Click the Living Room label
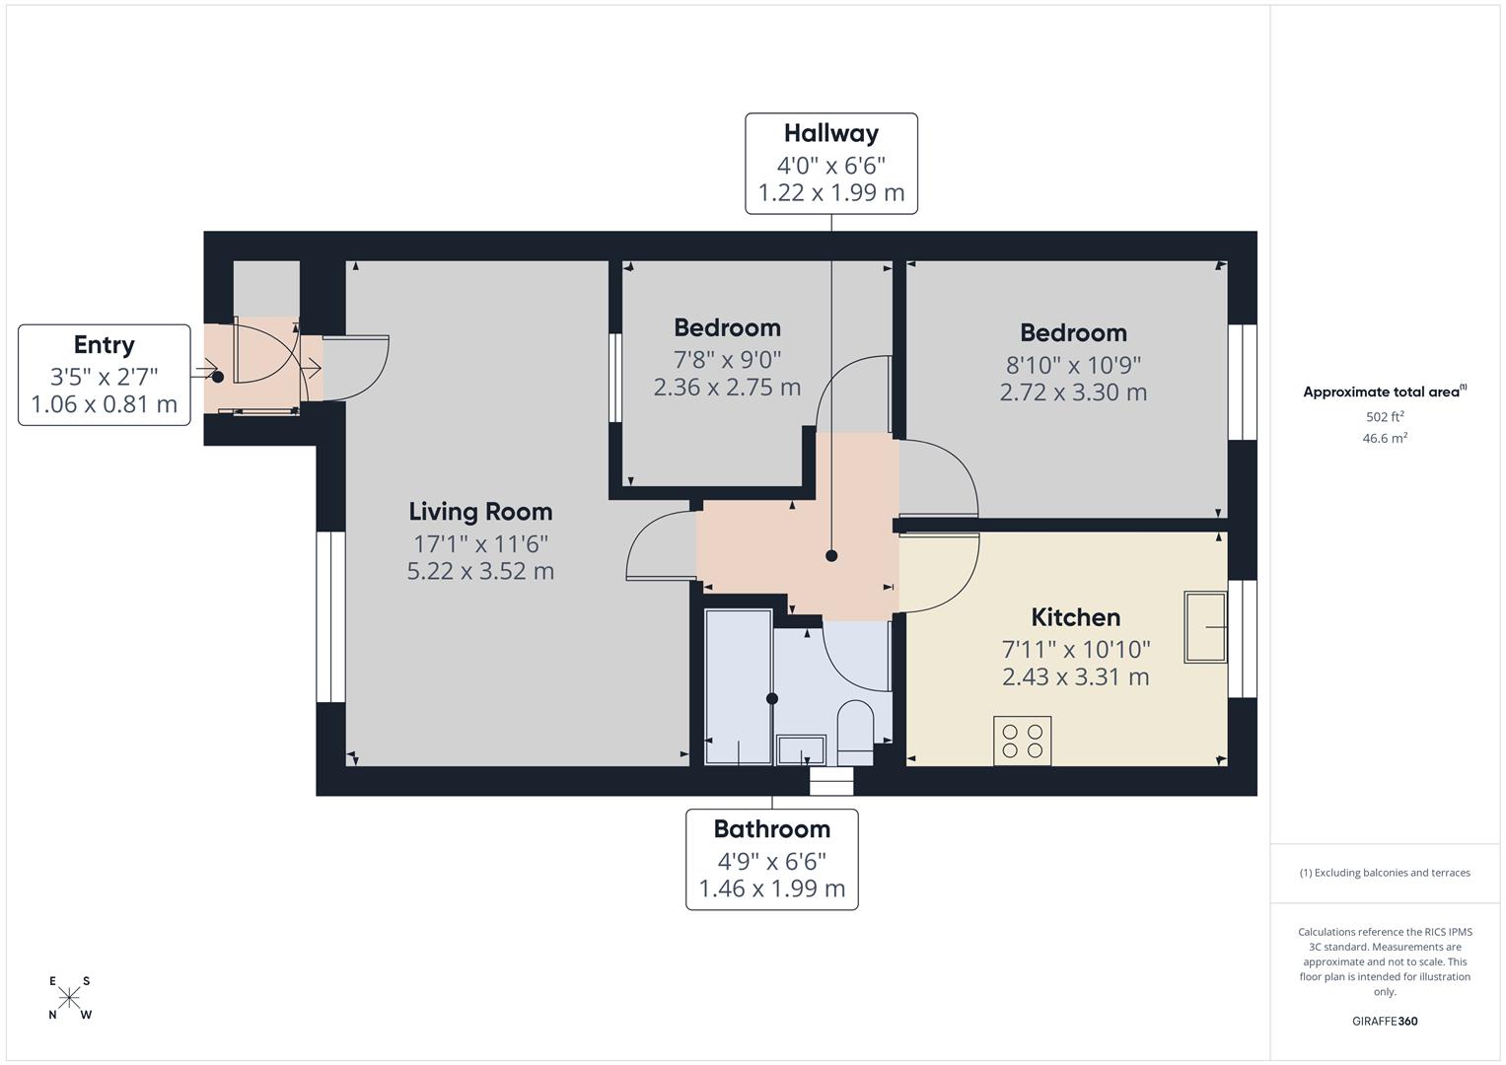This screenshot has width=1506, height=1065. point(480,512)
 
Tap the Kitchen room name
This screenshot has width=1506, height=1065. point(1076,617)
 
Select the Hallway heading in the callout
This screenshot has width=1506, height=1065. point(831,133)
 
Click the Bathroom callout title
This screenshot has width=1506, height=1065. point(772,829)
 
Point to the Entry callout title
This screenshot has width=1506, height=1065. point(105,345)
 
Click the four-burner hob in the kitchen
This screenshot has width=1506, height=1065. point(1022,741)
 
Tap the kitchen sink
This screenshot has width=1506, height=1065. point(1205,627)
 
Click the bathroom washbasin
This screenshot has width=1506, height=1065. point(801,749)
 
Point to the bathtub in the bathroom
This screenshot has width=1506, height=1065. point(739,686)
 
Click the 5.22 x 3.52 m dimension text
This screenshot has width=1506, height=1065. point(480,571)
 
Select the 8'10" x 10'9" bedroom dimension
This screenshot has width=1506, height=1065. point(1074,365)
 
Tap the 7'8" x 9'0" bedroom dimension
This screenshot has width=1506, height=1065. point(728,360)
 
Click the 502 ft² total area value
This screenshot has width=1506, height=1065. point(1385,416)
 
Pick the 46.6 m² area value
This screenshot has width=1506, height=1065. point(1385,438)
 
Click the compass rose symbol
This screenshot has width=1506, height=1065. point(69,998)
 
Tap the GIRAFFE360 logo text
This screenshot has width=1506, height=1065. point(1385,1021)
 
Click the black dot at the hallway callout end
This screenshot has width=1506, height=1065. point(831,556)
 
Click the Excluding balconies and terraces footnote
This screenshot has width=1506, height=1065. point(1385,873)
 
